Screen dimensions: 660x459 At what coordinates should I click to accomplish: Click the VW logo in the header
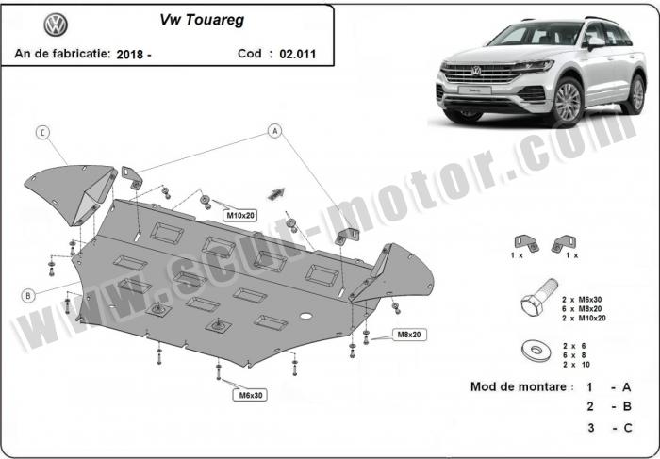[56, 25]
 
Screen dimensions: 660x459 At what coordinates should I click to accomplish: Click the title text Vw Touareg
[202, 20]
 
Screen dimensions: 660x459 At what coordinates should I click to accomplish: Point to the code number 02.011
[298, 54]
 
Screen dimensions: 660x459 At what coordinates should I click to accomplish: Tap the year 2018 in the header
[130, 55]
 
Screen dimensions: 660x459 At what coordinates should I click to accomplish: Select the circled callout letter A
[275, 131]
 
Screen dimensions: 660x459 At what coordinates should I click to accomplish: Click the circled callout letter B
[28, 296]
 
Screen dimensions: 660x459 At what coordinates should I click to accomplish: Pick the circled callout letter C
[42, 133]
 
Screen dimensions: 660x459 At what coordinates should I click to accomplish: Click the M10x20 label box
[240, 216]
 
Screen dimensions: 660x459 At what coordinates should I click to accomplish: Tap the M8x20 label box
[409, 335]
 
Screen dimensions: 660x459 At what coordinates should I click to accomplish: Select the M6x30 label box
[251, 395]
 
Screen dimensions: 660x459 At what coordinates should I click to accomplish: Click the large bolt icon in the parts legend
[539, 298]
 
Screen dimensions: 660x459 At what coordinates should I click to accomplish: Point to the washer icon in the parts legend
[536, 350]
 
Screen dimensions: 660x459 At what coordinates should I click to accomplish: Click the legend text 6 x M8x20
[582, 309]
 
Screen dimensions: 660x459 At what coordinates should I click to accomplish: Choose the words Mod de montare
[519, 386]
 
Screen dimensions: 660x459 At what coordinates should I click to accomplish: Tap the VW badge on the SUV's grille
[476, 71]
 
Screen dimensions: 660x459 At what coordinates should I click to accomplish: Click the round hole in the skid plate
[306, 316]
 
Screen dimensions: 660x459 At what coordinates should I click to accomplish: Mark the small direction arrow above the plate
[276, 193]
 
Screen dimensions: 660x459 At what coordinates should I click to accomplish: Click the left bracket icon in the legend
[526, 243]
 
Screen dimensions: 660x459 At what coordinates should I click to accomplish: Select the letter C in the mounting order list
[628, 428]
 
